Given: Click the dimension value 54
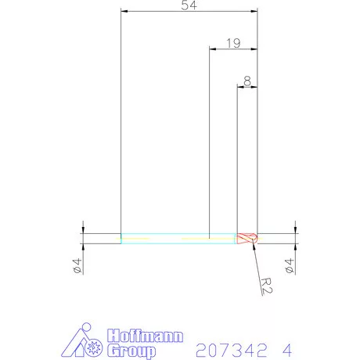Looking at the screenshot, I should coord(189,6).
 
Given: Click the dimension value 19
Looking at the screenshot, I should coord(232,43).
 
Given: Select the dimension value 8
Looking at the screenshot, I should coord(247,80).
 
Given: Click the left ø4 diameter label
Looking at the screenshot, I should coord(77,265).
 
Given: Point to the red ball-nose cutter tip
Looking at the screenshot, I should coord(248,238).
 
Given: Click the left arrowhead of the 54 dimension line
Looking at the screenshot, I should coord(124,13).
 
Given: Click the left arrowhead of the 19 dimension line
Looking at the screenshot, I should coord(211,49).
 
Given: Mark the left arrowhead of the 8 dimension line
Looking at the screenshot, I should coord(239,86).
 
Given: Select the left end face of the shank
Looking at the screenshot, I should coord(121,238).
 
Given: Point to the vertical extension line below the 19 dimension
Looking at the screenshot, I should coord(209,141).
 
